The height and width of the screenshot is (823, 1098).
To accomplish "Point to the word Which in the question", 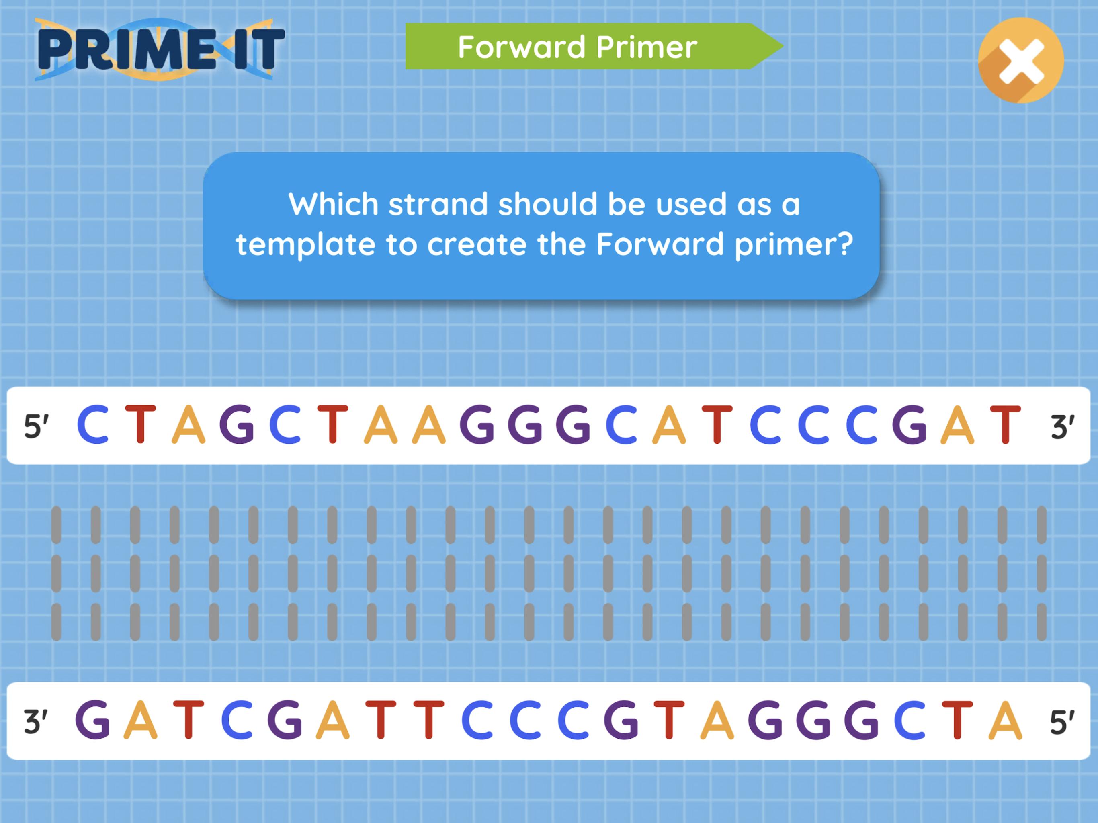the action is point(334,204).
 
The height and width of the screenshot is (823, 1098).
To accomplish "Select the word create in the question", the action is point(477,245).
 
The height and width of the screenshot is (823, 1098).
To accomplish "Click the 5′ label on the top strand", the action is point(36,426).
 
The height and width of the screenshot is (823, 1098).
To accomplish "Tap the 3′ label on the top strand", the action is point(1062,426).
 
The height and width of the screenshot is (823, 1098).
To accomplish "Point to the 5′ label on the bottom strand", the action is point(1062,721).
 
